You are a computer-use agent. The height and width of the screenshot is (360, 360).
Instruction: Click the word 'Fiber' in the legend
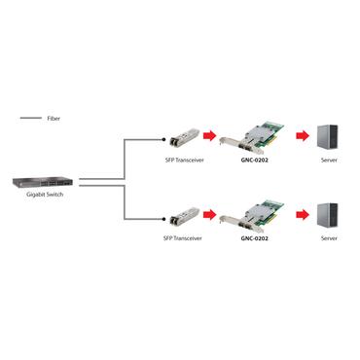point(54,118)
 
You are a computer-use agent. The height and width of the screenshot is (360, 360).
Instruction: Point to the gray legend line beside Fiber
point(29,118)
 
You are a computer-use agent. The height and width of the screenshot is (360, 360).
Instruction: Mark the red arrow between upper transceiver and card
point(207,135)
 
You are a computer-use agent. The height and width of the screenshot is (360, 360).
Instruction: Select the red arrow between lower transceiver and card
point(207,212)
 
